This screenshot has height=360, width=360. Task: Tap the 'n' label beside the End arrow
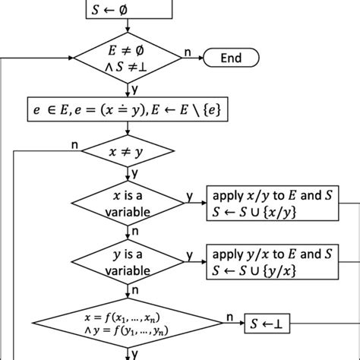point(187,52)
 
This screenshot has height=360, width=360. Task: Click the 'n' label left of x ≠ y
point(74,145)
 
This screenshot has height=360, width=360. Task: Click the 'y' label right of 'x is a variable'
point(190,196)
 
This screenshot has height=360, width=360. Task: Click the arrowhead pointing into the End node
point(201,58)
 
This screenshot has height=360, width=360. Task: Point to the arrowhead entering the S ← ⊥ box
point(241,324)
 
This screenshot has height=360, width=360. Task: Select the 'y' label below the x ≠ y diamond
point(134,173)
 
